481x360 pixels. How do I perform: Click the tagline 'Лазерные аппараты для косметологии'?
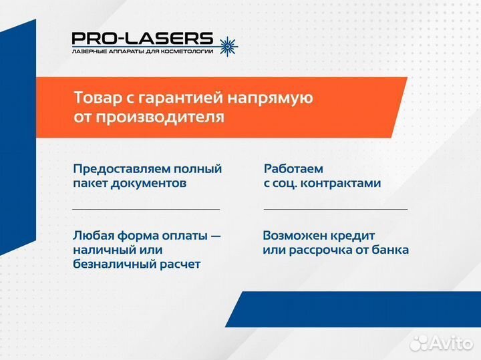coord(142,51)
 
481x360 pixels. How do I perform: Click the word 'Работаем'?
coord(293,169)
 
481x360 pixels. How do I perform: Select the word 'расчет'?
coord(178,264)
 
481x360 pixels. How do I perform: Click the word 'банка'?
coord(391,250)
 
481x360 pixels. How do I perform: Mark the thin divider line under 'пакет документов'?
coord(146,209)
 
